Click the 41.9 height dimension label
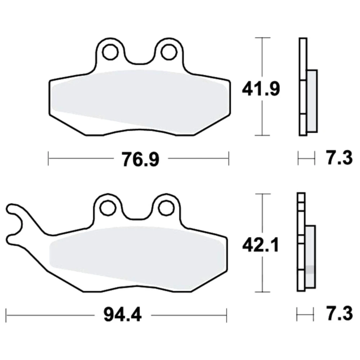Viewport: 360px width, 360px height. coord(261,89)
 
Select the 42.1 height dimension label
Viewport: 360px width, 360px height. coord(261,245)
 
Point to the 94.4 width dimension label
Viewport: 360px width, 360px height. coord(122,315)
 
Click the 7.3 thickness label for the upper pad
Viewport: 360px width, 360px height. coord(339,158)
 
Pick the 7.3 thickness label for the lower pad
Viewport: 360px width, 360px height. coord(339,314)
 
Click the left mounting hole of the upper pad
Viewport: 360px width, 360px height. coord(111,53)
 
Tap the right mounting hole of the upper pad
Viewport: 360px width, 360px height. coord(169,52)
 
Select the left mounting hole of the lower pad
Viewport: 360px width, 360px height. coord(108,208)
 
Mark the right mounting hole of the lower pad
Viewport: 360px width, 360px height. coord(166,208)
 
